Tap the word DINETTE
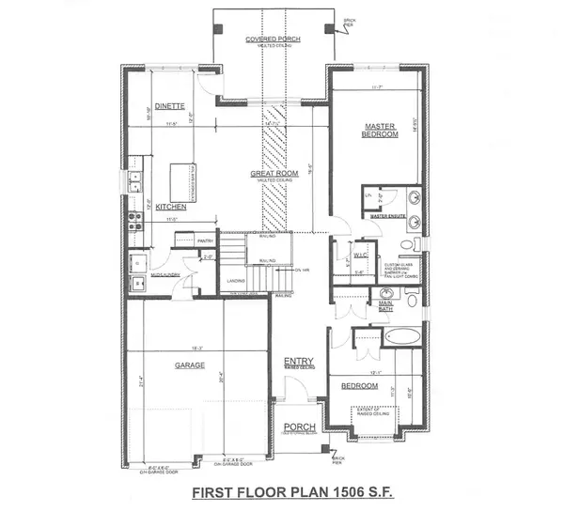click(169, 105)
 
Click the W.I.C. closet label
click(358, 255)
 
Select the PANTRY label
click(207, 240)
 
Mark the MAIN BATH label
click(386, 302)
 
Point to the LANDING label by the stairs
click(236, 278)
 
